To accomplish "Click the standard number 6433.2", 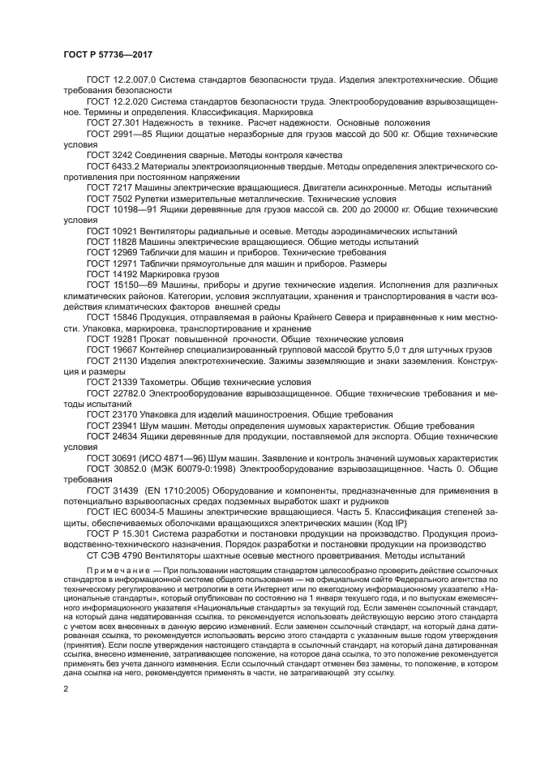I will [126, 165].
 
